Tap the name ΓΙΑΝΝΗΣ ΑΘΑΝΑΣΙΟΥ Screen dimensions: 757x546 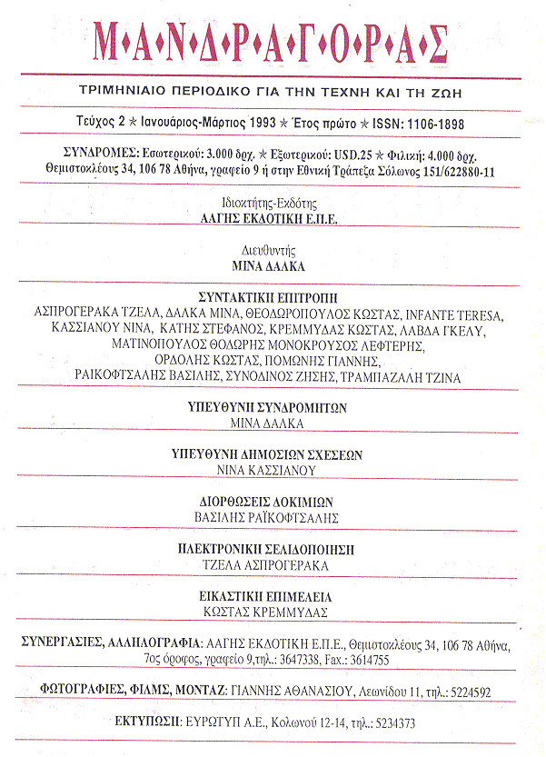click(x=293, y=692)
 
